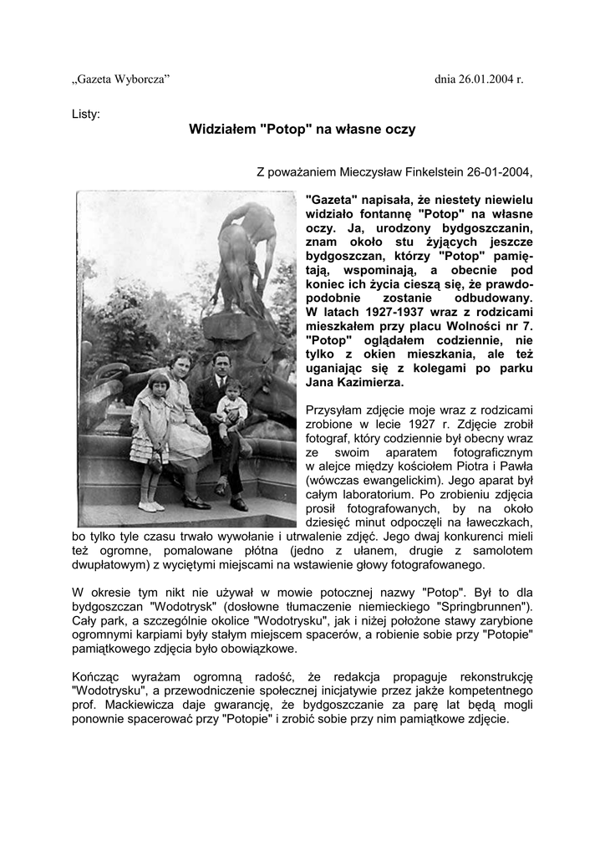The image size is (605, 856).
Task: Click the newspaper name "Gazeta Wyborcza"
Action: click(x=121, y=79)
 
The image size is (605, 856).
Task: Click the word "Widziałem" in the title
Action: click(x=223, y=130)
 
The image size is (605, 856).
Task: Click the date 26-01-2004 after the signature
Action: click(x=501, y=172)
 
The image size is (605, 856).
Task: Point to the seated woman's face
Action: click(x=180, y=370)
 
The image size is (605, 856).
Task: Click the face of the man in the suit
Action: click(x=221, y=364)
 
